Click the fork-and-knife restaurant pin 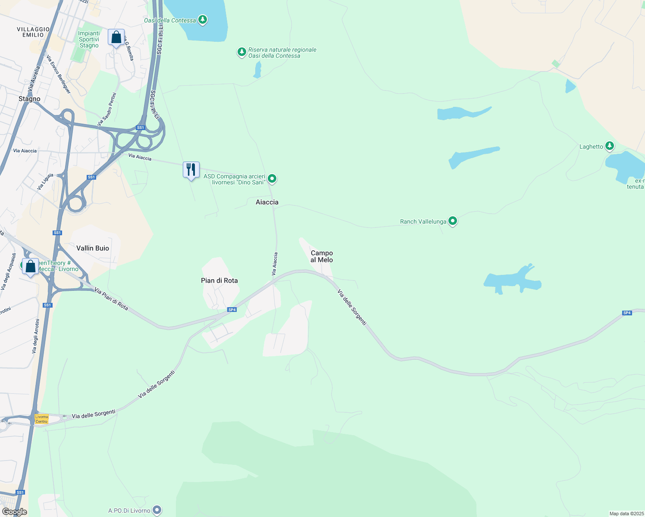click(191, 170)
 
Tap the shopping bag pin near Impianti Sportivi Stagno click(116, 37)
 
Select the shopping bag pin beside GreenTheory click(30, 267)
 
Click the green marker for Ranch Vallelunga click(452, 221)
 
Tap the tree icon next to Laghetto click(609, 146)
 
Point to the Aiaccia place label click(267, 202)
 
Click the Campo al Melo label click(322, 256)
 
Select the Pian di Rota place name click(219, 280)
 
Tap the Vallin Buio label click(93, 248)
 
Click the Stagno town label click(29, 99)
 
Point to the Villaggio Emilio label click(33, 32)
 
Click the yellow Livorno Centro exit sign click(42, 419)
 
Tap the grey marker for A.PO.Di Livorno click(157, 511)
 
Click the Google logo click(14, 512)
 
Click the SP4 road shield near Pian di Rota click(232, 310)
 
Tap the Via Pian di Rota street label click(111, 299)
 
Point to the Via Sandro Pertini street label click(107, 109)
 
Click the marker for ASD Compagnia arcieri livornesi click(272, 178)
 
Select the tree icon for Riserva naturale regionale click(241, 52)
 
